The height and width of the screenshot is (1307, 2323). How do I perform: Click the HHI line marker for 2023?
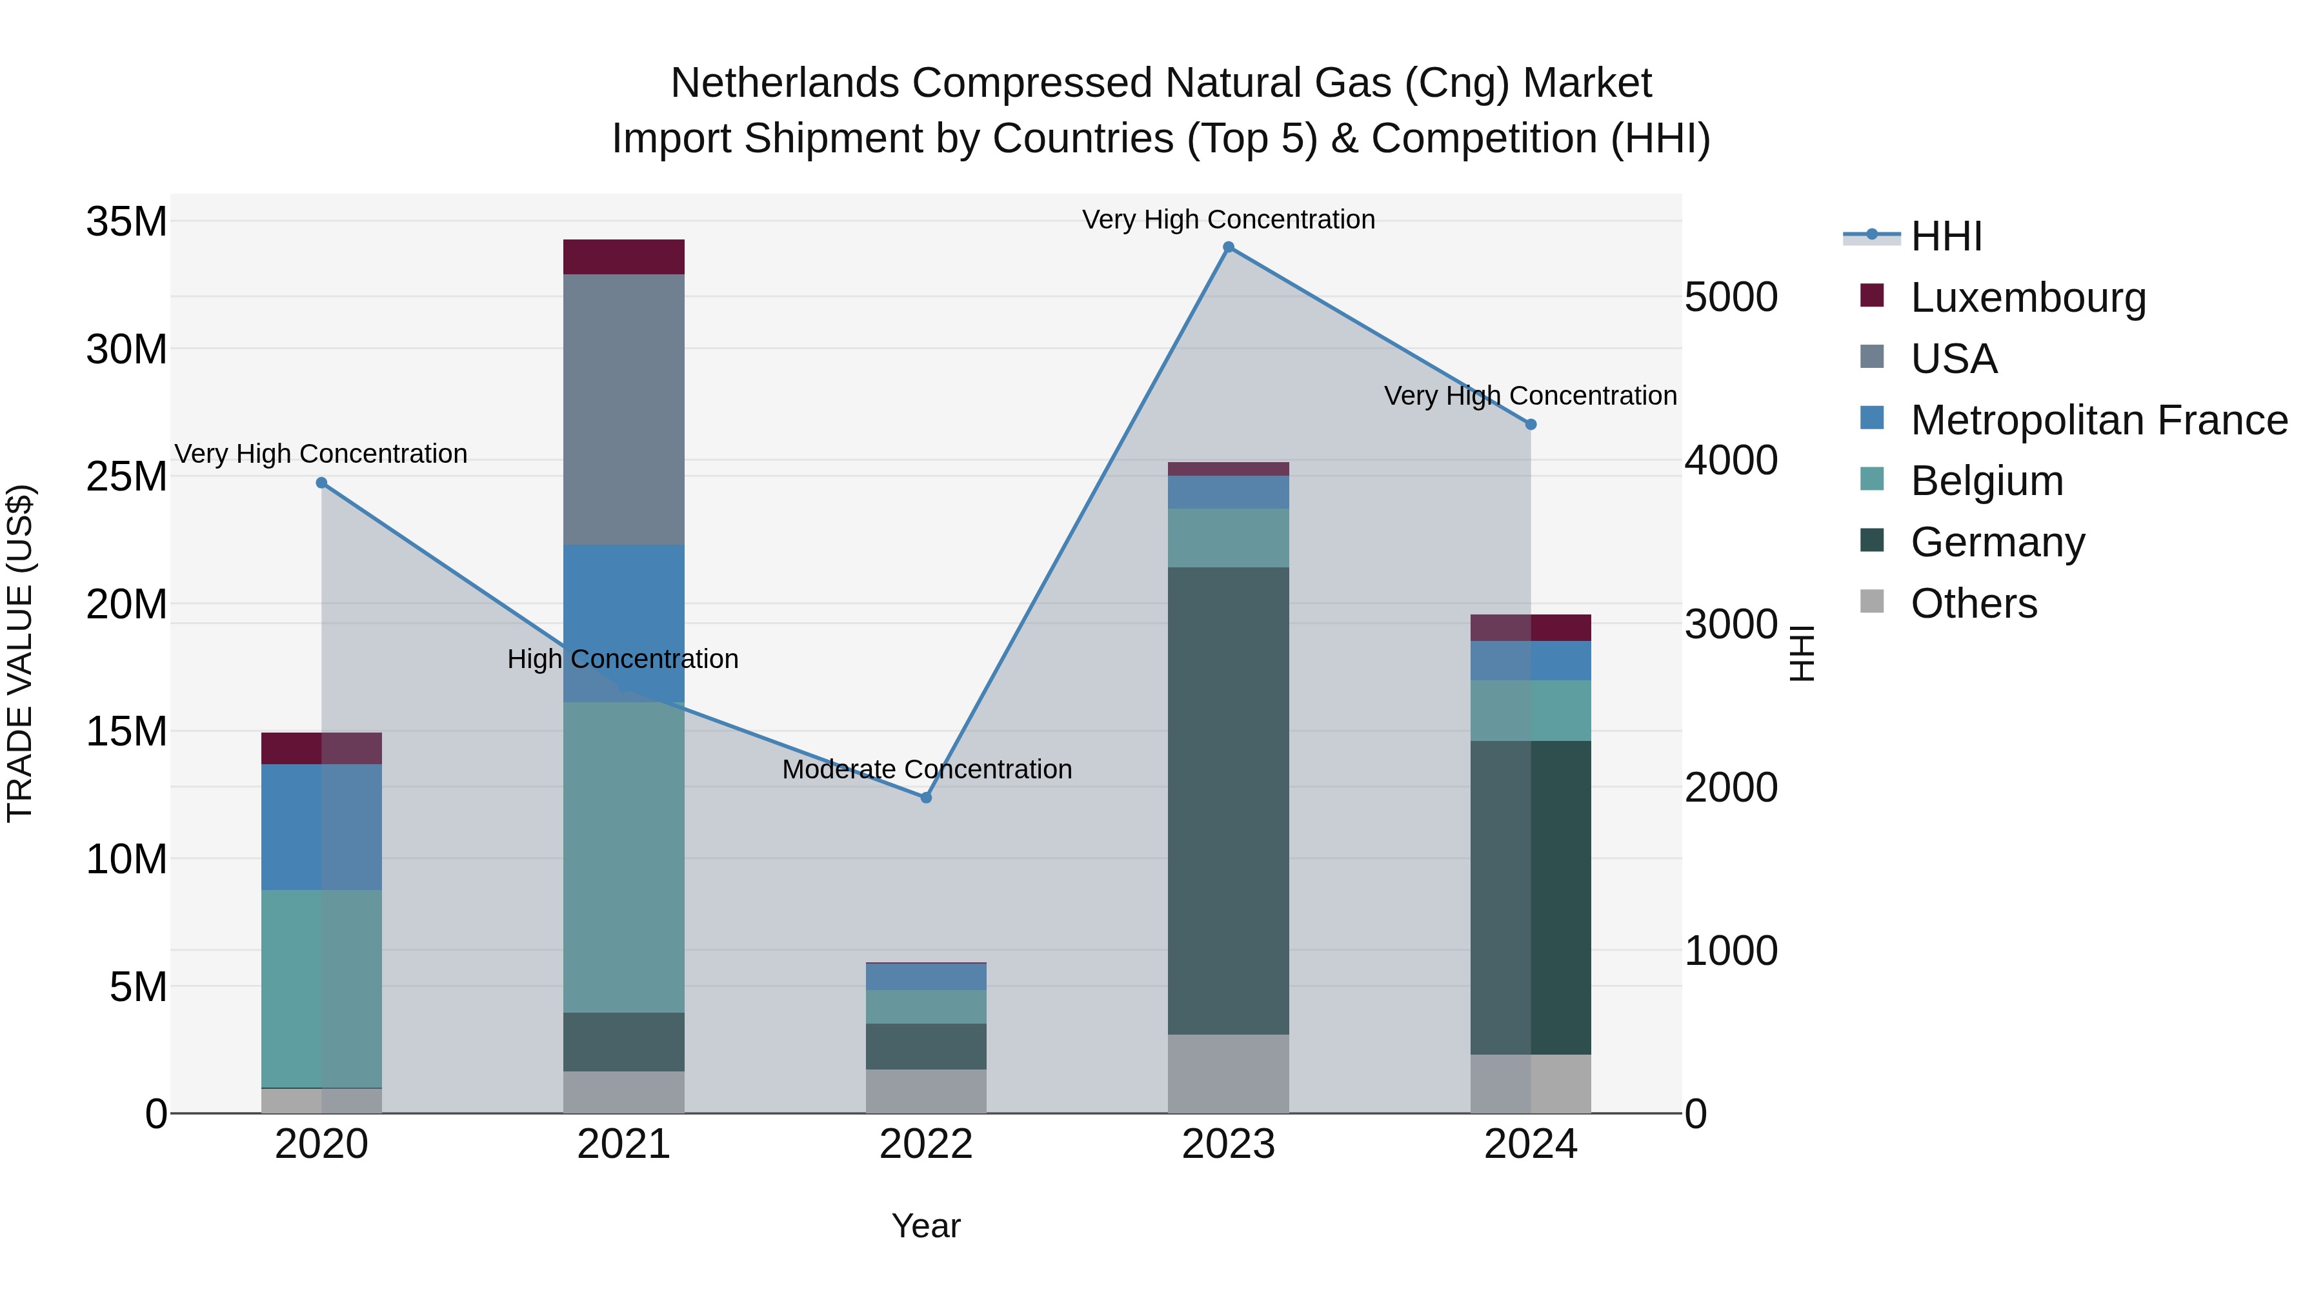1228,247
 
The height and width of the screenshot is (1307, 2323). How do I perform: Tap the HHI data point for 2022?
926,797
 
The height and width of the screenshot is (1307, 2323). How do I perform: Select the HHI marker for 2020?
322,483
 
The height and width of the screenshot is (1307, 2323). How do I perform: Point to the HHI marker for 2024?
1531,425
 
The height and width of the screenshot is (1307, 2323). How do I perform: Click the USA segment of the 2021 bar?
624,409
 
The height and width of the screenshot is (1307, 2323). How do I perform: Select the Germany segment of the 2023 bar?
1228,801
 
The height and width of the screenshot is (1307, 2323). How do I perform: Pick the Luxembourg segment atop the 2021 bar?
624,257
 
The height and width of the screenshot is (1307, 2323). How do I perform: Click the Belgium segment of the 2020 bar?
322,989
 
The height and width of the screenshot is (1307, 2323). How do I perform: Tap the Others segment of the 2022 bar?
926,1091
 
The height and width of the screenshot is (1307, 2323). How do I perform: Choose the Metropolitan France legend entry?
2098,420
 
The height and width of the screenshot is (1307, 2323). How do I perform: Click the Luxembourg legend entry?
2027,298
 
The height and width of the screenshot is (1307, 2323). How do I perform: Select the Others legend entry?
1973,603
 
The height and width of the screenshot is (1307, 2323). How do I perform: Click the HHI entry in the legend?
1946,236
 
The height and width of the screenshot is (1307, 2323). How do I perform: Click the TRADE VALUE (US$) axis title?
20,653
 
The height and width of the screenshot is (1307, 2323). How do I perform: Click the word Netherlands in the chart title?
785,83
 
